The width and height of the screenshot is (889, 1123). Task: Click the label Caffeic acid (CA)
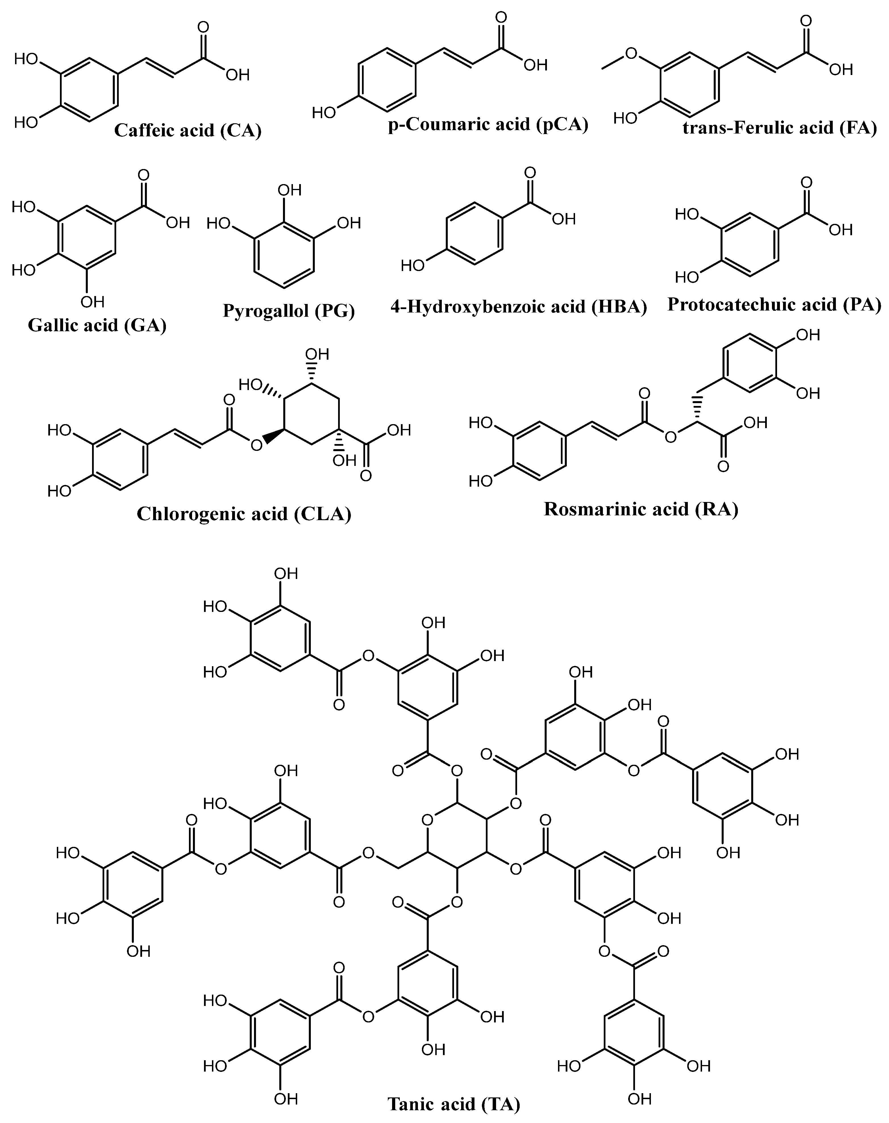tap(188, 130)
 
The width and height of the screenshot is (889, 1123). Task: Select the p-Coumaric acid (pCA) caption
tap(488, 125)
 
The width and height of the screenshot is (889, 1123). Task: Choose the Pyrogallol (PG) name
tap(289, 311)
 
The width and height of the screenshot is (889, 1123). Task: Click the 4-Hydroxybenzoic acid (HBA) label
tap(519, 307)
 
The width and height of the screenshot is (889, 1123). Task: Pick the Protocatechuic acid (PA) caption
tap(775, 305)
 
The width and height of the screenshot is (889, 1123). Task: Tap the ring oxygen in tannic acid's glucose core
tap(428, 821)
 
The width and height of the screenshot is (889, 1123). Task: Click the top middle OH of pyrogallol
tap(290, 190)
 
